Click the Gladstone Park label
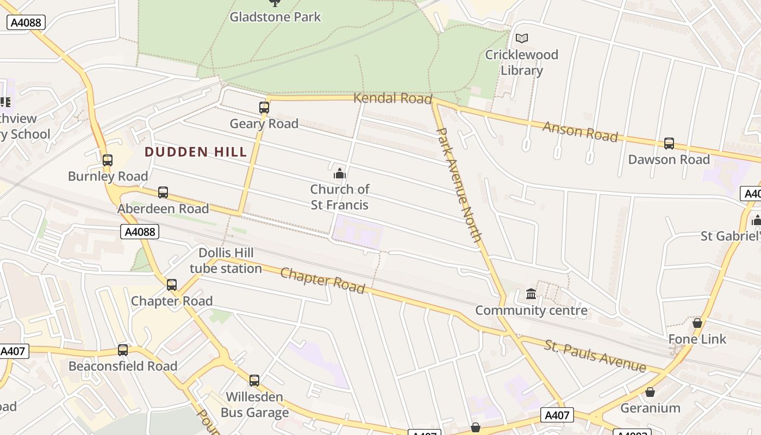tap(275, 17)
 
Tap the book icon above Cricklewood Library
tap(522, 38)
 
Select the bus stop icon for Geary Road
tap(264, 107)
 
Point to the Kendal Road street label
tap(392, 98)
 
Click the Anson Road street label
tap(580, 131)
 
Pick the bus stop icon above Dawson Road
tap(669, 144)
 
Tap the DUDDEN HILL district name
tap(196, 152)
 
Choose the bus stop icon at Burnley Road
tap(108, 160)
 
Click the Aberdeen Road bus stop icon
tap(163, 192)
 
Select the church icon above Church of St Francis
tap(340, 173)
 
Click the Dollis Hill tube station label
tap(226, 260)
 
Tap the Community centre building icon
tap(531, 294)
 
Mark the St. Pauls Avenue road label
tap(595, 357)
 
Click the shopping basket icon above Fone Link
tap(697, 323)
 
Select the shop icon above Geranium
tap(650, 392)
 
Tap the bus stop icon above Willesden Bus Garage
tap(254, 381)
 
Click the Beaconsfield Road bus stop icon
tap(123, 350)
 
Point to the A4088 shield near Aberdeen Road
tap(139, 232)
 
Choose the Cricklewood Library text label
tap(521, 63)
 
